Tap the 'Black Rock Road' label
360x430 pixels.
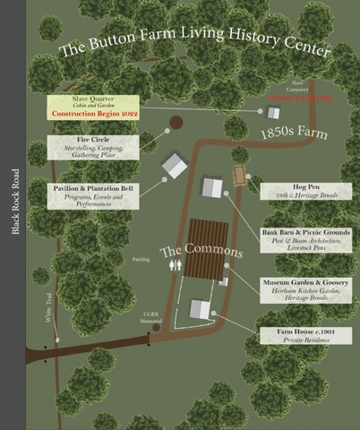coord(15,202)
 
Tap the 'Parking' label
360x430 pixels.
coord(141,261)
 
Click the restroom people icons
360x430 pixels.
coord(175,266)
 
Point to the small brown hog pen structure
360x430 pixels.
coord(239,176)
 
